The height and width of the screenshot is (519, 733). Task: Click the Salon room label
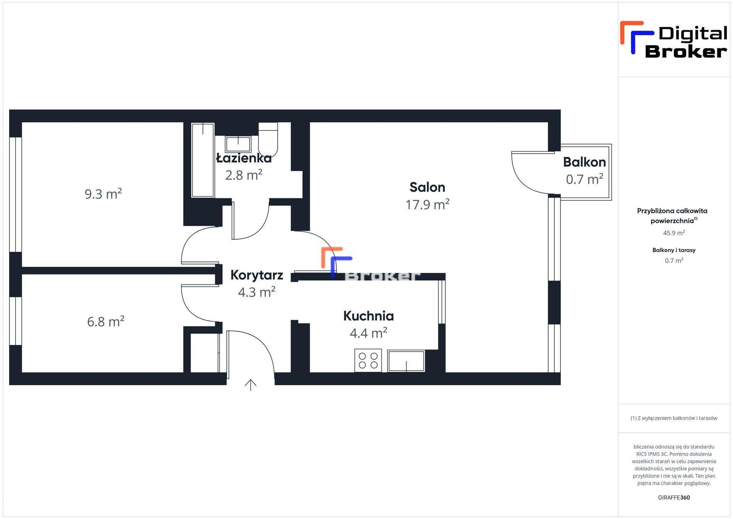427,187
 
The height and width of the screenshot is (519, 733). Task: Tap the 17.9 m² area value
427,204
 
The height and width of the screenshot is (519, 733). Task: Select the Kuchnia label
368,316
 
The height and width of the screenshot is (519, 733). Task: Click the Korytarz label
257,275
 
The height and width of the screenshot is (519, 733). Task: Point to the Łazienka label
244,158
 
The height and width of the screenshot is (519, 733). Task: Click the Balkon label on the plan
584,162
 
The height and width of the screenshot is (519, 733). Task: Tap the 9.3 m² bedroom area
103,194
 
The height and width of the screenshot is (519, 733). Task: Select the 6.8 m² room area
106,321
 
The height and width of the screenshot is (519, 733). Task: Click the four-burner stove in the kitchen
368,360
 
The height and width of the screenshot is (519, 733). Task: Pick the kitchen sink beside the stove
406,361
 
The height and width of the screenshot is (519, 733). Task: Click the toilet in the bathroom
268,140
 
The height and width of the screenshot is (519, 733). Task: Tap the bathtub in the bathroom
203,160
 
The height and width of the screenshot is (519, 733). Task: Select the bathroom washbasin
238,144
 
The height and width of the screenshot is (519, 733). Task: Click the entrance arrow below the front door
250,385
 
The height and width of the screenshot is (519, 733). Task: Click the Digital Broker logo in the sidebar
674,40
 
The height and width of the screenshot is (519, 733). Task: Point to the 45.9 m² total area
674,233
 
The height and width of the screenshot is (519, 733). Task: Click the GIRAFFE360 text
674,498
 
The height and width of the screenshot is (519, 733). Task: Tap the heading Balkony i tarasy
674,250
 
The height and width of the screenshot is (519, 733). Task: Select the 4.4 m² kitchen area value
368,333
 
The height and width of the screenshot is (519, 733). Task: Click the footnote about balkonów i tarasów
674,418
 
